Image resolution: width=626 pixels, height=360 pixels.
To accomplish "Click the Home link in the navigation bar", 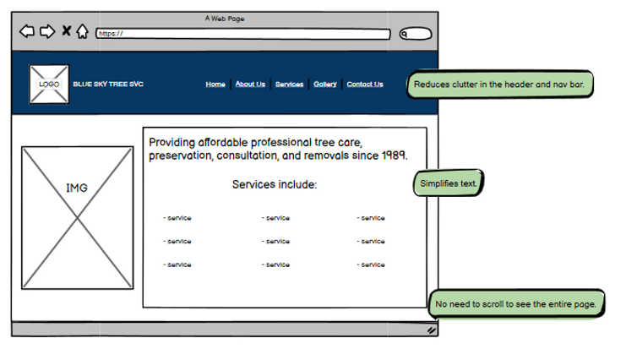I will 215,84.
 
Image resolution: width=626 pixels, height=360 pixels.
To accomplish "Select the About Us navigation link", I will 250,84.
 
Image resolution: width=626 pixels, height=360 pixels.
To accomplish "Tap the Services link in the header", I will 289,84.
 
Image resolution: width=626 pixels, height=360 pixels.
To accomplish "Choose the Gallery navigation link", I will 325,84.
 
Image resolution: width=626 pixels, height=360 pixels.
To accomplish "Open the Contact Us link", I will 365,84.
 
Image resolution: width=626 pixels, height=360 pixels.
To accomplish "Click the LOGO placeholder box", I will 48,85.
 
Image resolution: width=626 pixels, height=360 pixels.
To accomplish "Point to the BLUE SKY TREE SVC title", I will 108,85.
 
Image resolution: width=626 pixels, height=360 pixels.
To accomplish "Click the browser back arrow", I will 27,32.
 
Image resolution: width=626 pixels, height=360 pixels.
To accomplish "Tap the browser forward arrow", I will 47,32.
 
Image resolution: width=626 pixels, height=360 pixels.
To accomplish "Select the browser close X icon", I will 67,32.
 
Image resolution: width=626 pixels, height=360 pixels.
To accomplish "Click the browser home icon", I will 82,32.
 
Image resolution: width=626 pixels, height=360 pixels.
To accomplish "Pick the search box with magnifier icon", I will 415,34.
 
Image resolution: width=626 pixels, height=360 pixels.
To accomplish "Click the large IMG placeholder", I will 77,218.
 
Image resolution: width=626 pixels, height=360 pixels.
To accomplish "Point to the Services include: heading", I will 275,184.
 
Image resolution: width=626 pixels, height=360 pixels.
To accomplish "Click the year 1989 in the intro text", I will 393,156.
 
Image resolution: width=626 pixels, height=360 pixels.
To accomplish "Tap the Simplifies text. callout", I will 449,183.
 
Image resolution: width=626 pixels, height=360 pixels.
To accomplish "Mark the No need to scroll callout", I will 515,303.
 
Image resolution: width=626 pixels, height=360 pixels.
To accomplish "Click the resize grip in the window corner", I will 431,330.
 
